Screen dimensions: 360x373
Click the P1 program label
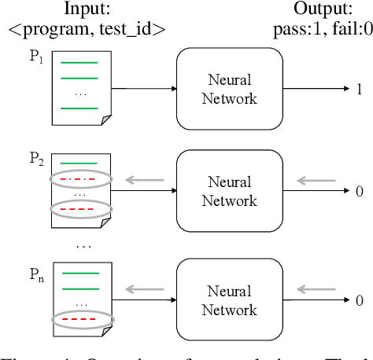37,60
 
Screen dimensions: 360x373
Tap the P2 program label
37,160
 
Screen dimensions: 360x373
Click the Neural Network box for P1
229,89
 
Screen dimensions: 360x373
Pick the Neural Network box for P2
229,191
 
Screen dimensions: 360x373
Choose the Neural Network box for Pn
229,299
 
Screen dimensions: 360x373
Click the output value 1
358,89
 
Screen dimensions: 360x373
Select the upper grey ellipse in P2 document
80,178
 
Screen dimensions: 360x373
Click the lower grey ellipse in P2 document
80,209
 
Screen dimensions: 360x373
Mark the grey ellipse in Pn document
80,320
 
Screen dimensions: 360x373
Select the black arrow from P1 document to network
143,89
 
